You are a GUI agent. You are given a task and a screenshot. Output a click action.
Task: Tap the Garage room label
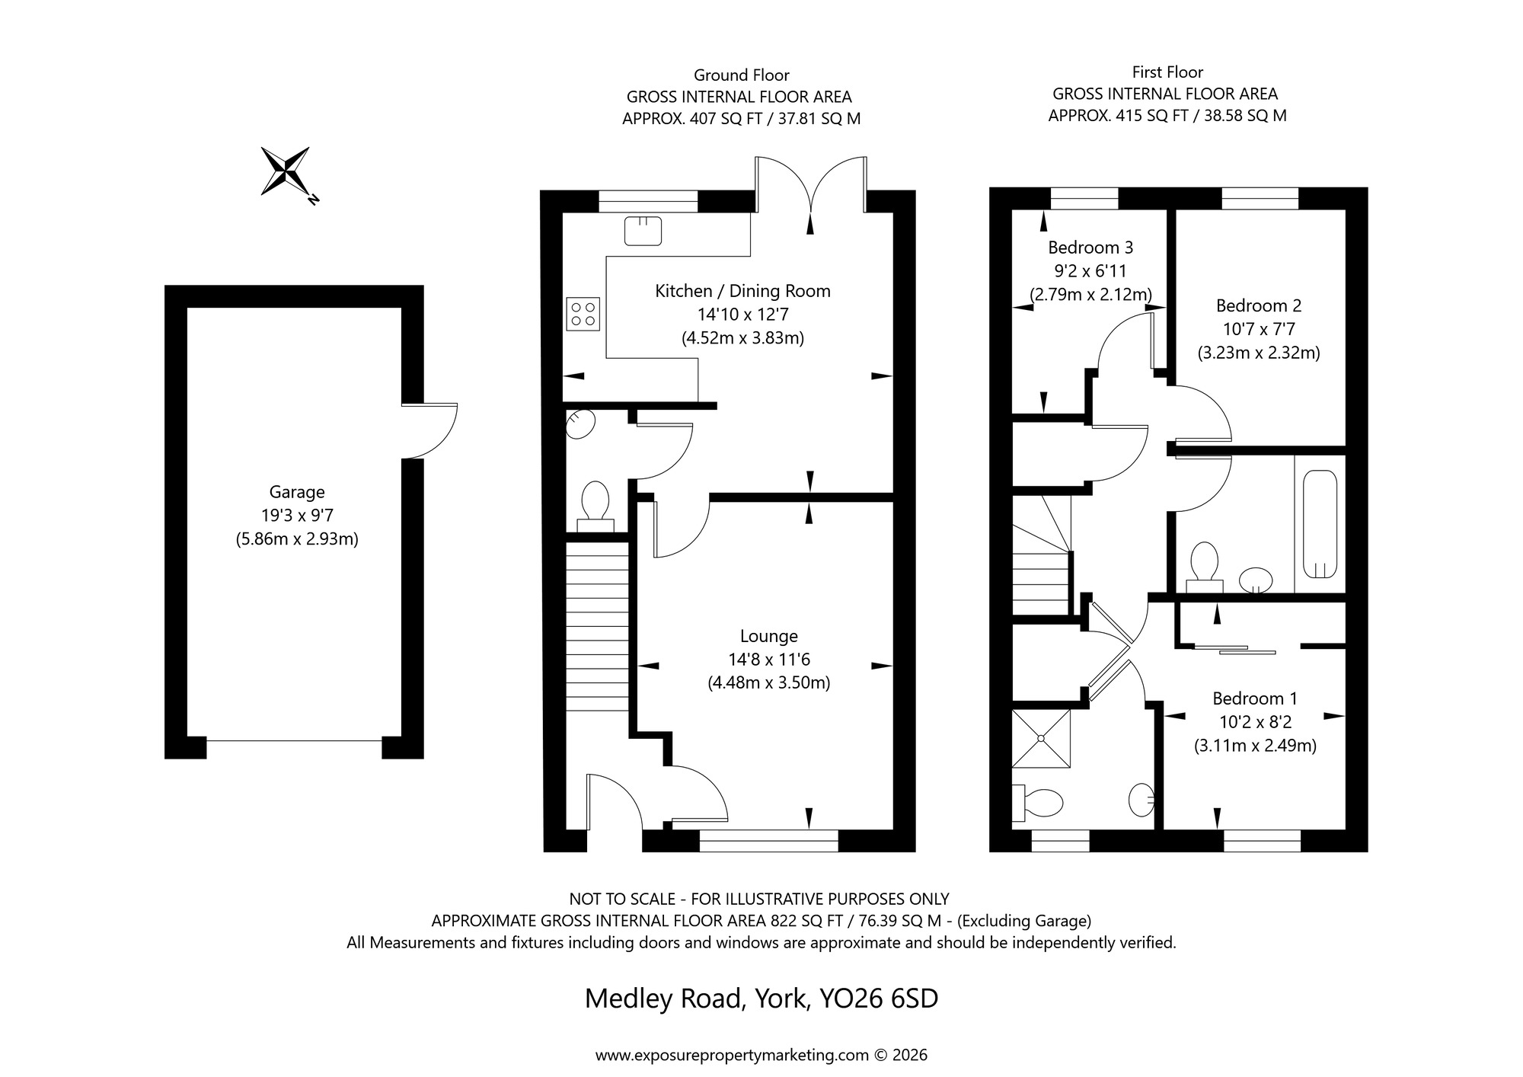(297, 492)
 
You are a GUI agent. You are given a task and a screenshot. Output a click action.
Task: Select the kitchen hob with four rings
(583, 314)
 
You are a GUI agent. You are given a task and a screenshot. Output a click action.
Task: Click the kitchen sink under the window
(643, 231)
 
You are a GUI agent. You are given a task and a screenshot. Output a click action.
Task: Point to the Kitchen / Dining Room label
(742, 291)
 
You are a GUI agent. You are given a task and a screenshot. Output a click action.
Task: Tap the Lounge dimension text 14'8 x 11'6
(768, 660)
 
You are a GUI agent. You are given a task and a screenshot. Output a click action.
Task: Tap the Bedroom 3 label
(1090, 248)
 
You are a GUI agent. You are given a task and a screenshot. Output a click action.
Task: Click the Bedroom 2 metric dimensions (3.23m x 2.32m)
(1258, 353)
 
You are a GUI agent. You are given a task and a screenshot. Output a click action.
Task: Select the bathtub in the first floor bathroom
(1320, 524)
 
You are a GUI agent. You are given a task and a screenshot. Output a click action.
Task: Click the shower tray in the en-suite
(1041, 737)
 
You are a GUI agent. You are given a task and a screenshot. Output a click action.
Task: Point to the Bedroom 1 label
(1254, 698)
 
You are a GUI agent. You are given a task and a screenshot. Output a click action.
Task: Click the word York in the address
(781, 999)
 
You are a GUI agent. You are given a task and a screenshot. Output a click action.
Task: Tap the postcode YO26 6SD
(878, 999)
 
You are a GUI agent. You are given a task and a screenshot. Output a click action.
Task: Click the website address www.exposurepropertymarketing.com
(731, 1056)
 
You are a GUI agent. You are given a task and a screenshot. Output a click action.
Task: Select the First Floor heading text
(1167, 72)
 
